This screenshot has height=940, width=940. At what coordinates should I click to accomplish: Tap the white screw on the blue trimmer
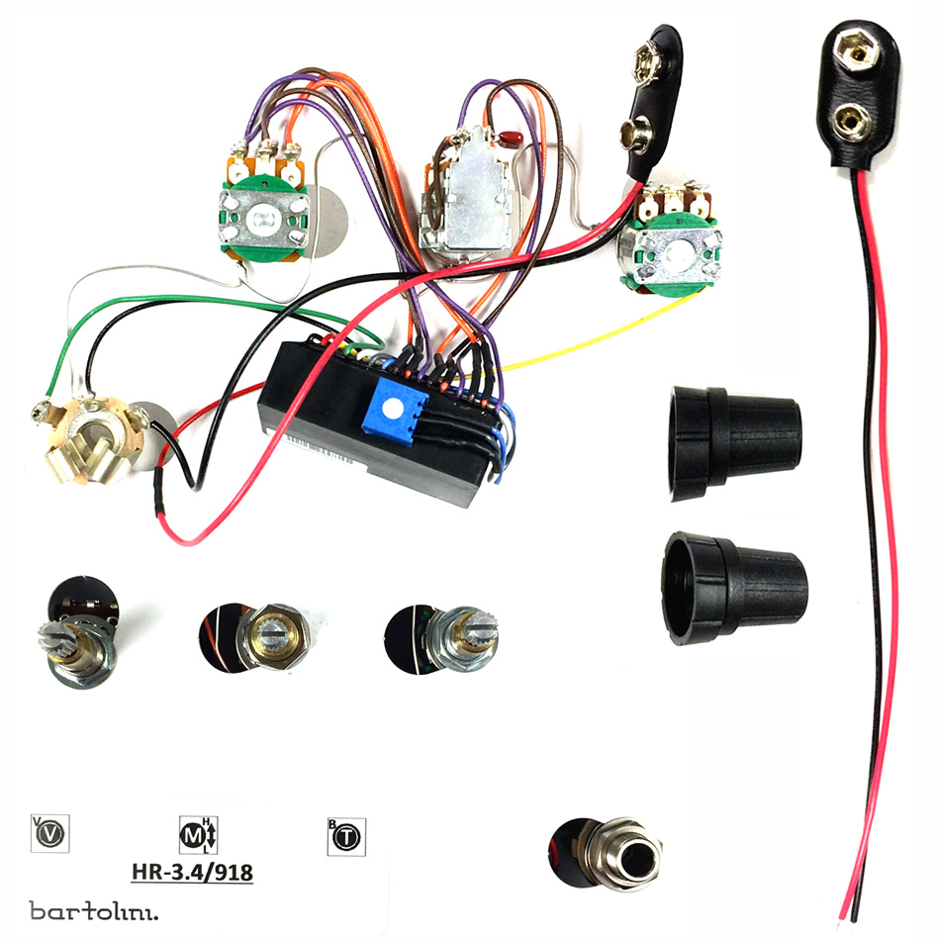[x=393, y=410]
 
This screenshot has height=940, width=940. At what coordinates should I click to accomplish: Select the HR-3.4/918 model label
[x=192, y=872]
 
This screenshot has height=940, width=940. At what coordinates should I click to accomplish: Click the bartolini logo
[x=94, y=910]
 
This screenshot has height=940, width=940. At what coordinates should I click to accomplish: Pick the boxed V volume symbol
[x=49, y=833]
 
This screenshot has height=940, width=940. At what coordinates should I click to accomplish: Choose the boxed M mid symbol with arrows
[x=199, y=834]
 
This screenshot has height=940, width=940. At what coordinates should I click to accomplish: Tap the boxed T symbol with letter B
[x=346, y=836]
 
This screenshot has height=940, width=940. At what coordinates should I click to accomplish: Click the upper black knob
[x=734, y=443]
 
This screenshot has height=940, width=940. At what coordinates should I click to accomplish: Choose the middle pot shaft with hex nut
[x=273, y=635]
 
